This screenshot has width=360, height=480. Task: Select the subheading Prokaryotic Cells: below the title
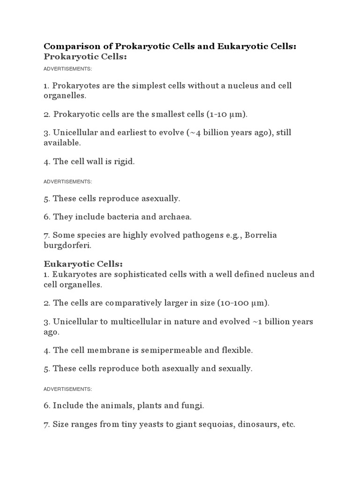click(x=85, y=57)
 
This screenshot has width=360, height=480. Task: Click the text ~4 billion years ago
click(x=228, y=133)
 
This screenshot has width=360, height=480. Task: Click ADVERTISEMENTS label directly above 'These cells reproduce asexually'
click(x=67, y=181)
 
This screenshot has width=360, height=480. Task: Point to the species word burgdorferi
click(x=67, y=245)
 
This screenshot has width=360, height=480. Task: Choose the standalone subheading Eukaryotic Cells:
click(x=83, y=264)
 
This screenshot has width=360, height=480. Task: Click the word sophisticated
click(x=131, y=274)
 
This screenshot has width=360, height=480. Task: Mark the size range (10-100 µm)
click(x=243, y=303)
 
